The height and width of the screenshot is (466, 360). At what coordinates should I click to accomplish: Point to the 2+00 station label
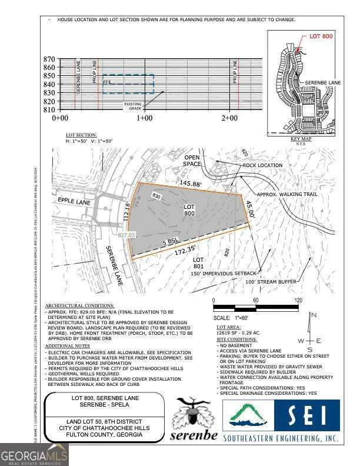229,118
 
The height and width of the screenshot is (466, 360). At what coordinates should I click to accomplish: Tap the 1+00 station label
145,118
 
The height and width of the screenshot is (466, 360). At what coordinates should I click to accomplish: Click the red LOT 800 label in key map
321,36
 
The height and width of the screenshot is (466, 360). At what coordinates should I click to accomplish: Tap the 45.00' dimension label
251,209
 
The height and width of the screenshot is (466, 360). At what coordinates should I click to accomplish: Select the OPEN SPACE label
192,161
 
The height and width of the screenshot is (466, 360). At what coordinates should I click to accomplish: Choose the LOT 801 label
198,262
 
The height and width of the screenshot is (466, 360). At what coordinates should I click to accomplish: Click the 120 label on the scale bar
298,300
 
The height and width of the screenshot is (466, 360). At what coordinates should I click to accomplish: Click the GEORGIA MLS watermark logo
34,454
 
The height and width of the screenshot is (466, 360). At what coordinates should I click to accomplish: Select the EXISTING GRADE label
132,106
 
